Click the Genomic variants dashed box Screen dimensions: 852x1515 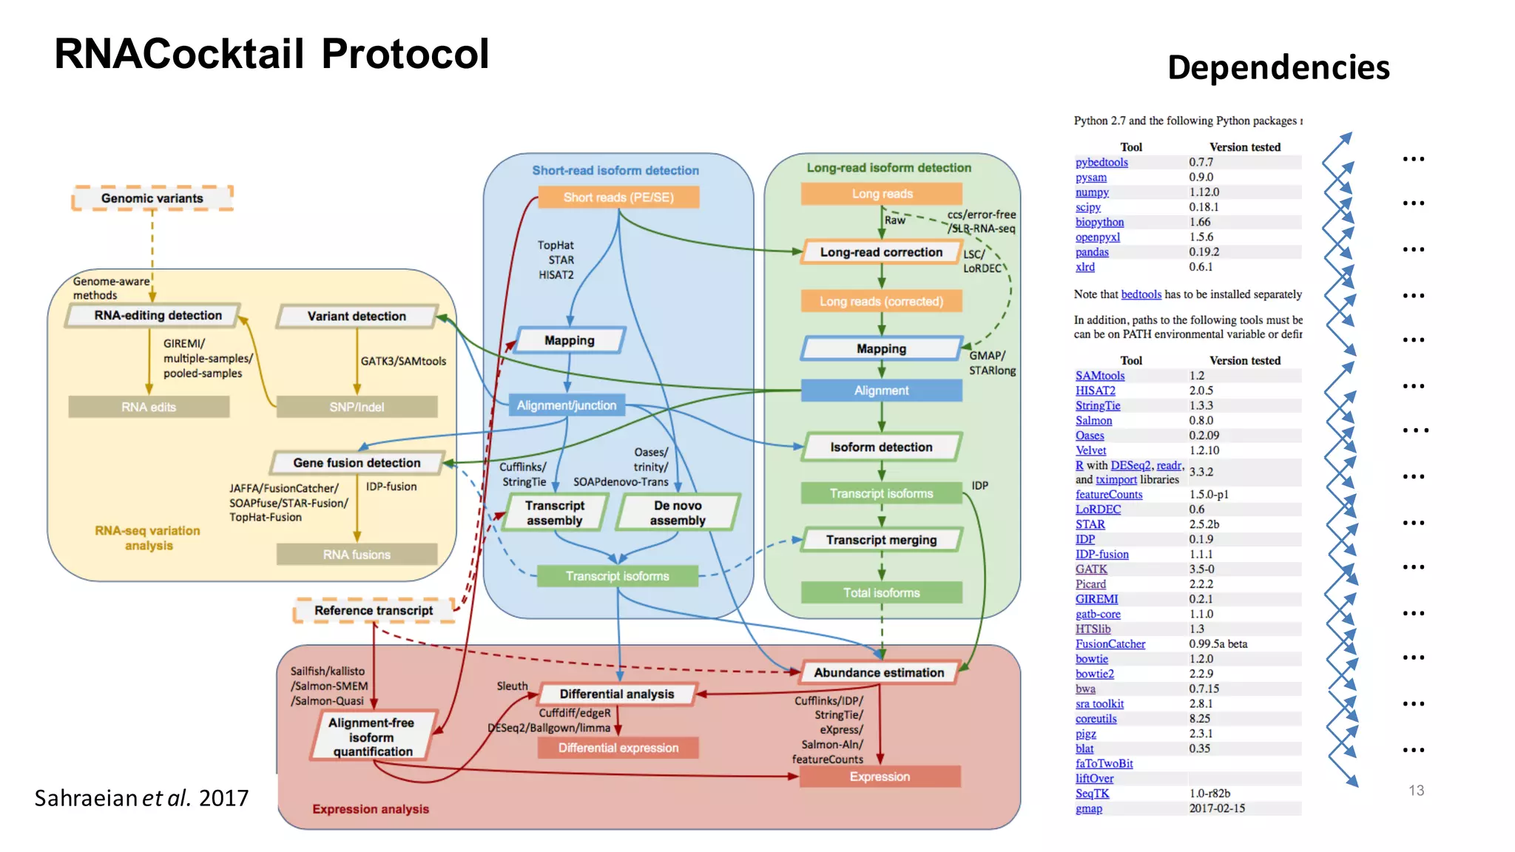[x=152, y=198]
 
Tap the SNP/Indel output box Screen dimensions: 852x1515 [x=357, y=407]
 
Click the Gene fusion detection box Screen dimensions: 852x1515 [x=357, y=463]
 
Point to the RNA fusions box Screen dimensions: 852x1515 [x=357, y=555]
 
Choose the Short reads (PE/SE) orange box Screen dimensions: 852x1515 [x=618, y=197]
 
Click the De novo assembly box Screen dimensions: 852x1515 [x=678, y=513]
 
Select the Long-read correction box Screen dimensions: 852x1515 [x=880, y=252]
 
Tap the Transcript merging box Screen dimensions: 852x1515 [x=881, y=540]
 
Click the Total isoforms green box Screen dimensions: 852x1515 [x=881, y=592]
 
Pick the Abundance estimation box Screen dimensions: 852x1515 [x=879, y=672]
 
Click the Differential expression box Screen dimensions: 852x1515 [x=618, y=748]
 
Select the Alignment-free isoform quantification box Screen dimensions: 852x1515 [x=372, y=737]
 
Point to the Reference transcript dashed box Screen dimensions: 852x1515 [x=374, y=611]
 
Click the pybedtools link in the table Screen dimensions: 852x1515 [x=1101, y=163]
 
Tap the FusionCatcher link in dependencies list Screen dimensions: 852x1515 [x=1110, y=644]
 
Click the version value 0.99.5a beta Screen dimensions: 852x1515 [x=1218, y=644]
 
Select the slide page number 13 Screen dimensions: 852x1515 [x=1416, y=791]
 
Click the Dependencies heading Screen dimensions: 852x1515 [x=1278, y=67]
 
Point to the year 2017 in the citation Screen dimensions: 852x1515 [x=223, y=798]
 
